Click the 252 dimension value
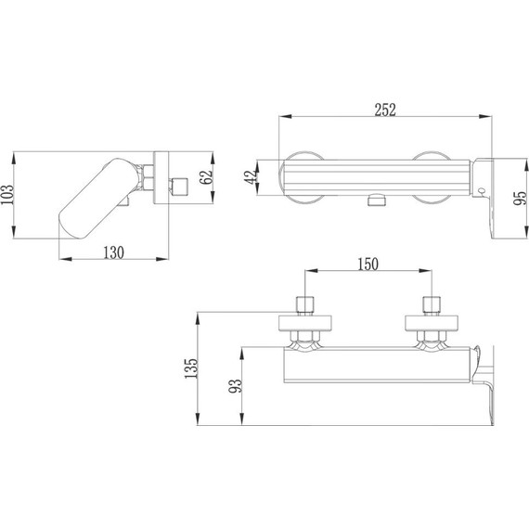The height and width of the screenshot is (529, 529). (x=385, y=110)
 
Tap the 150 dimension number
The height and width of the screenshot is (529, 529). (x=368, y=264)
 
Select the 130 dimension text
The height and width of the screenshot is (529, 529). (x=114, y=252)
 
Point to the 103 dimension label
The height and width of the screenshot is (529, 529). (x=7, y=194)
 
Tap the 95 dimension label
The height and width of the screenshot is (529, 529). (x=520, y=198)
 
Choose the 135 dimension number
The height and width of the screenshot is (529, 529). (x=191, y=368)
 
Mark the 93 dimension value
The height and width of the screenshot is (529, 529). (x=236, y=386)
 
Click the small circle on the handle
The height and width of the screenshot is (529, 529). (x=482, y=191)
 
